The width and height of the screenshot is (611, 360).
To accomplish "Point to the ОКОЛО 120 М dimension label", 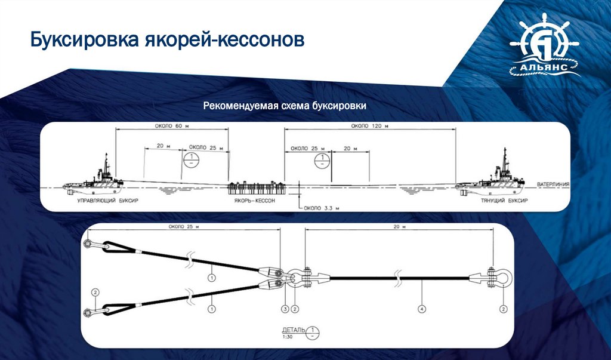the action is pos(370,126).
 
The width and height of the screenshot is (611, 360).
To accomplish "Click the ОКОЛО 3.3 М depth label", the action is pos(321,208).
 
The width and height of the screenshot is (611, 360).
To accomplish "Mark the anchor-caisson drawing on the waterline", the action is pos(254,187).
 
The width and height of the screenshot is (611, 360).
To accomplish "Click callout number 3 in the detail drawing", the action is pos(285,309).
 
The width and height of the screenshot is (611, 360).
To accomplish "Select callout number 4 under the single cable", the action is pos(421,309).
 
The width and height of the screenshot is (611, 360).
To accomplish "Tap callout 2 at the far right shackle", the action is pos(503,309).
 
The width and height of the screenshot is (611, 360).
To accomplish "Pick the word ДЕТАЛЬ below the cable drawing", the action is pos(295,330).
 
